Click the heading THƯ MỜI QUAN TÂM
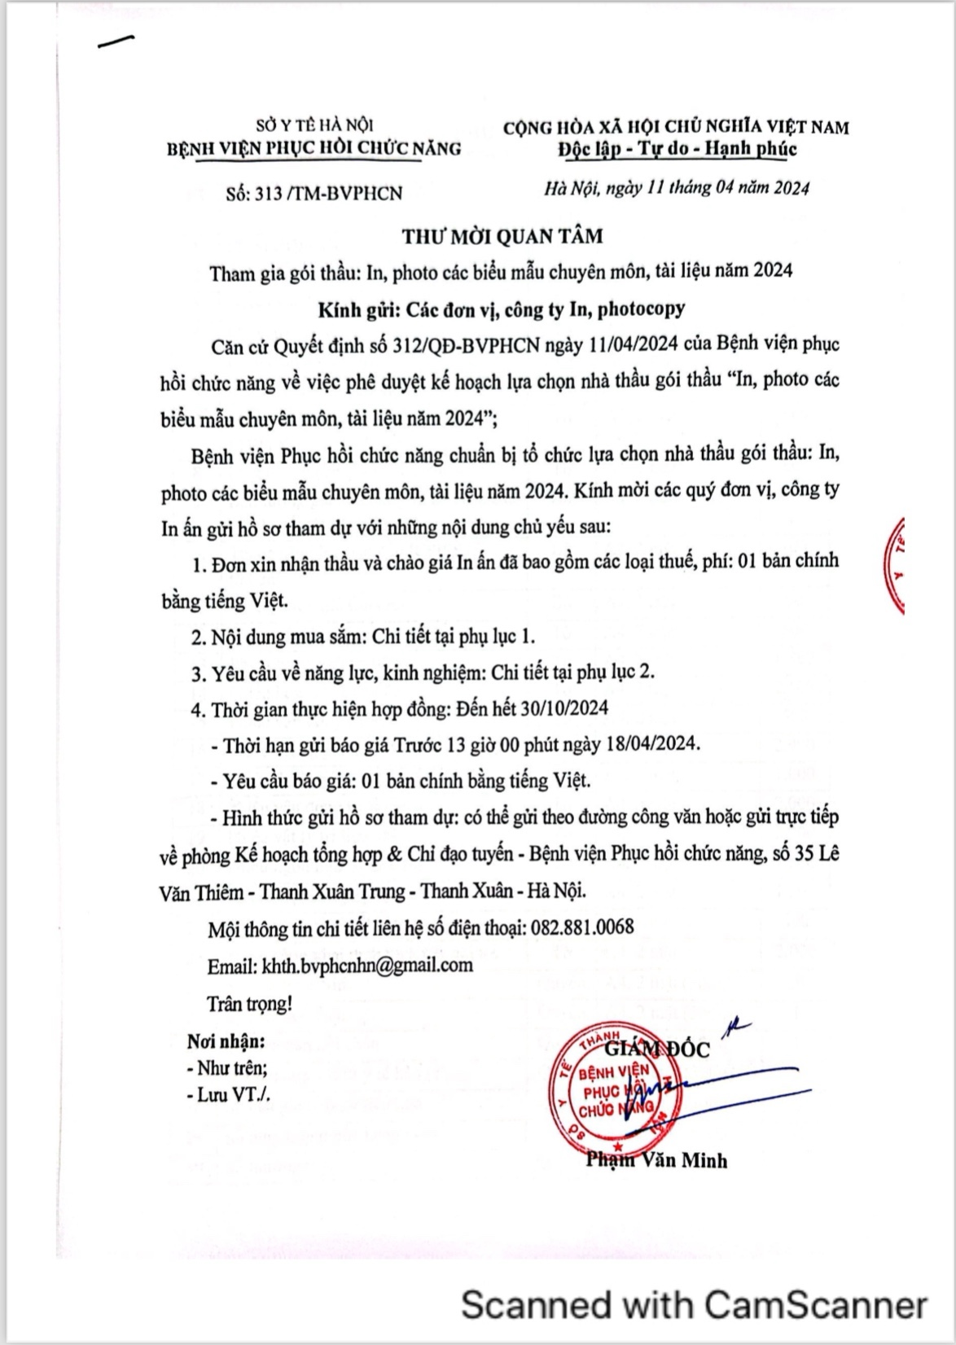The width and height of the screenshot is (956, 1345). [x=502, y=236]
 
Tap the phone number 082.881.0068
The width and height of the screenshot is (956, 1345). [x=582, y=927]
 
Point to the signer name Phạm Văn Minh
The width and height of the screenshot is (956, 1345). [x=656, y=1160]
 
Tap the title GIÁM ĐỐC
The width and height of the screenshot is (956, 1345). [x=657, y=1049]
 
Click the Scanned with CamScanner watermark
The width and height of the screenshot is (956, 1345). [x=694, y=1304]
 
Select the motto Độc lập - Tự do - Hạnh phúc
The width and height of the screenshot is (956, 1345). [x=677, y=149]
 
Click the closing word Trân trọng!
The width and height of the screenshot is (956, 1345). [x=249, y=1004]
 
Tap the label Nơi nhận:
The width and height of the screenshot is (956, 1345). [x=226, y=1041]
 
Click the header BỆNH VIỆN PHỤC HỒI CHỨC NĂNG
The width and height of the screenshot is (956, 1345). [x=314, y=148]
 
